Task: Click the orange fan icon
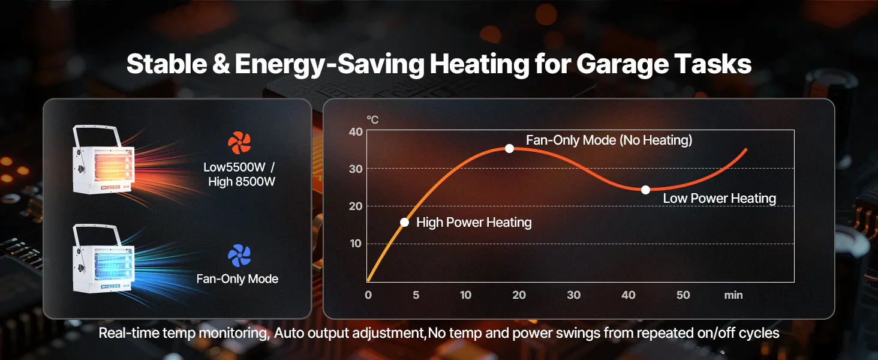[239, 143]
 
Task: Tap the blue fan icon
[239, 256]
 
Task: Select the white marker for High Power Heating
[404, 222]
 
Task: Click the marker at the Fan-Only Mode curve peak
[509, 148]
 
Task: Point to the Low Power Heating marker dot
[645, 190]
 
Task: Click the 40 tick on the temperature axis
[356, 131]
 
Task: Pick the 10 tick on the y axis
[356, 244]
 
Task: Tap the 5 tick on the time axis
[416, 295]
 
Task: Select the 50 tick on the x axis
[683, 295]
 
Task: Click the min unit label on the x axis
[733, 295]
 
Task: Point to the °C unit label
[372, 119]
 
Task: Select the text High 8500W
[242, 181]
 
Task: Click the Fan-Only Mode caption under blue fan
[237, 279]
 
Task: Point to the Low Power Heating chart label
[719, 199]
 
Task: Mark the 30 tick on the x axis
[574, 295]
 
